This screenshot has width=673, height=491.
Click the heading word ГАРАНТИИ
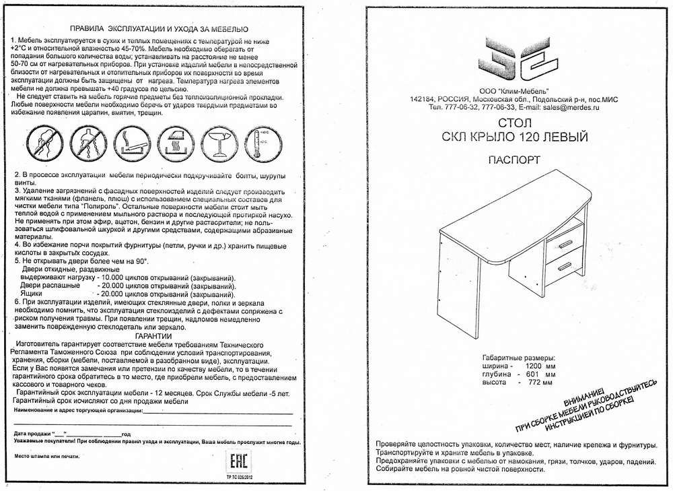point(153,335)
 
